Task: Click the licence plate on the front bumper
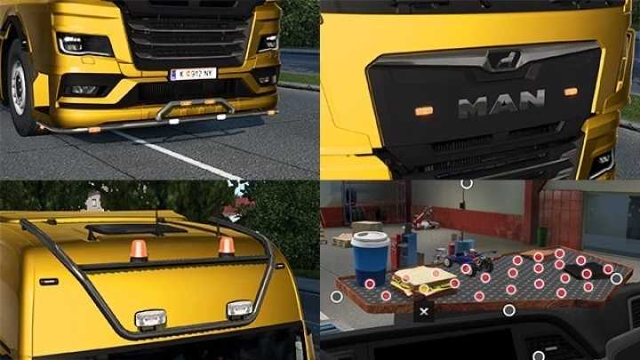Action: [193, 74]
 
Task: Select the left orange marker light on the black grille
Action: [424, 111]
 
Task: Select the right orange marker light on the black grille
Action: [571, 92]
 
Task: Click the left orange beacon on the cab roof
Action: [139, 250]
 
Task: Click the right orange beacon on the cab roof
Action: [227, 245]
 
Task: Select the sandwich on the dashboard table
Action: [424, 282]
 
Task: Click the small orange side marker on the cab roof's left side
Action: [49, 281]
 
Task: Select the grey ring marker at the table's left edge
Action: [336, 296]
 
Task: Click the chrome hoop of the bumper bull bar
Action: [196, 108]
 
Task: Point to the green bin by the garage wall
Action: [541, 235]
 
